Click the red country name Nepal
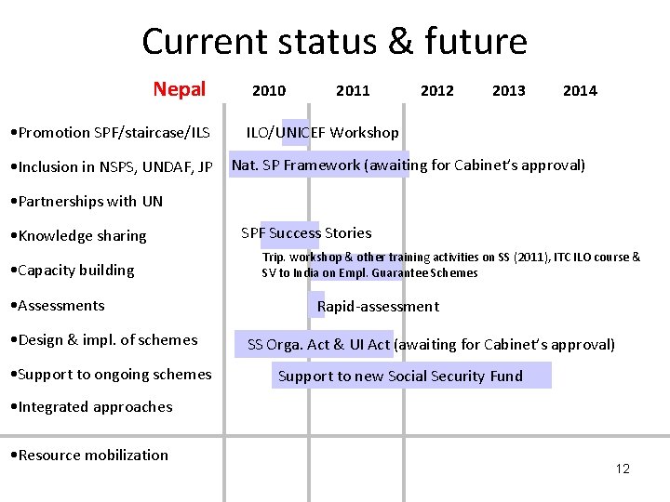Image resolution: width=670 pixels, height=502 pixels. tap(179, 89)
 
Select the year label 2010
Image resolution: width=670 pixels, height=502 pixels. tap(269, 90)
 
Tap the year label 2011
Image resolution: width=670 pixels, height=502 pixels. tap(353, 90)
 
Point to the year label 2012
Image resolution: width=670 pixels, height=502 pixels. tap(436, 90)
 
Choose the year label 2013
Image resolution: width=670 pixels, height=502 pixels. tap(508, 90)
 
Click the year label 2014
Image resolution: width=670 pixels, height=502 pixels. tap(580, 90)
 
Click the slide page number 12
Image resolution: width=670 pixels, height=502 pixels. tap(623, 469)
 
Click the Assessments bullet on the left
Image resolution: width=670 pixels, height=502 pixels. tap(56, 305)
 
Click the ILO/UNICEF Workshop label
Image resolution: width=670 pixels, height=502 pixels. tap(322, 133)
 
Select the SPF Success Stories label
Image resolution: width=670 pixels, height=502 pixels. tap(306, 233)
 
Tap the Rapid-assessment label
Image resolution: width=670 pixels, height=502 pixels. tap(378, 306)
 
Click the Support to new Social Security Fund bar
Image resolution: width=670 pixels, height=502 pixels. tap(401, 376)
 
